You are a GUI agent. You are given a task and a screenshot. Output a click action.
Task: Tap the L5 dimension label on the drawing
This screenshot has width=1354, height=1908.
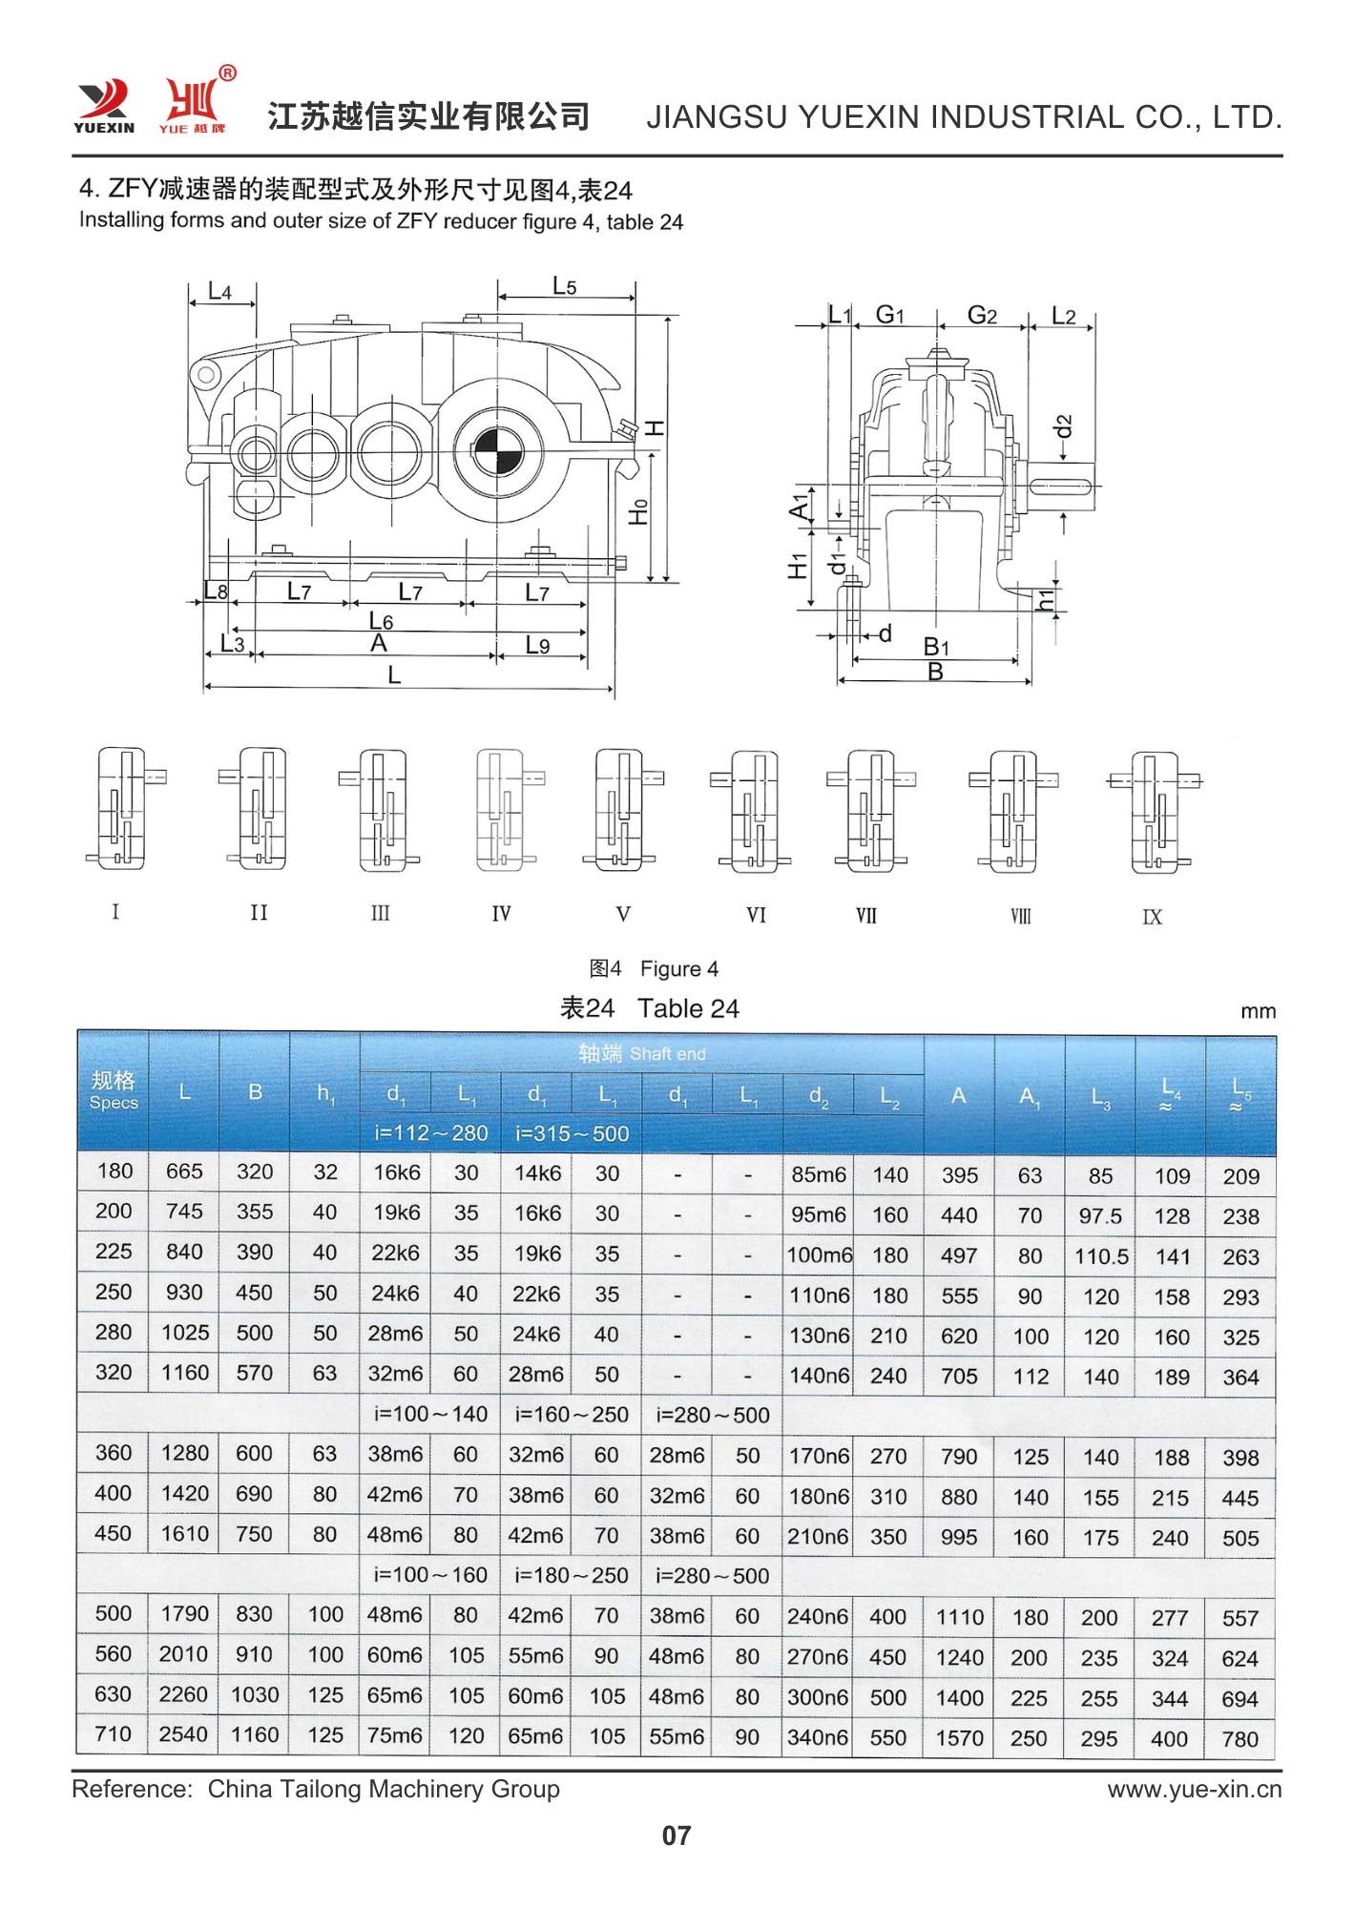click(x=564, y=286)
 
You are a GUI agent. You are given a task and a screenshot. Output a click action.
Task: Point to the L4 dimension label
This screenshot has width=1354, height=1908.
click(x=219, y=292)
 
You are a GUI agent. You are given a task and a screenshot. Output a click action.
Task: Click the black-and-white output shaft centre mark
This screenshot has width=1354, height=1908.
click(x=497, y=451)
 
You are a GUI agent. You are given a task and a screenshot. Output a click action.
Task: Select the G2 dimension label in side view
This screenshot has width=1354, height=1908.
click(x=982, y=316)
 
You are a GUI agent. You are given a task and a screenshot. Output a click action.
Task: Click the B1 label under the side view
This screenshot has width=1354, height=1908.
click(x=936, y=647)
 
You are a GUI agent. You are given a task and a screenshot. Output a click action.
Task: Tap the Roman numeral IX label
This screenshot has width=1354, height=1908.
click(x=1152, y=917)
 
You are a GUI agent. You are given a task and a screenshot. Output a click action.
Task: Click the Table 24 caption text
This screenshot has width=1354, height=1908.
click(x=649, y=1008)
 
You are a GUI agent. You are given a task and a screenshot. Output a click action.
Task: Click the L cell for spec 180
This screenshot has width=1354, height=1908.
click(x=184, y=1172)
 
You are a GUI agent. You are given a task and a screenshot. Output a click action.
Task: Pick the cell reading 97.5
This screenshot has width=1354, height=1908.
click(x=1100, y=1216)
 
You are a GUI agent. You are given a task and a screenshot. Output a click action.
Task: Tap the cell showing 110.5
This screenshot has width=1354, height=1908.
click(x=1100, y=1256)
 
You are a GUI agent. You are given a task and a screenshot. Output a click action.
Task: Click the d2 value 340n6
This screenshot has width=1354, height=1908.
click(x=817, y=1738)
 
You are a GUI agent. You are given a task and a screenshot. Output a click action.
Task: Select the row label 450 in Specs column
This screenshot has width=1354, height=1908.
click(x=114, y=1533)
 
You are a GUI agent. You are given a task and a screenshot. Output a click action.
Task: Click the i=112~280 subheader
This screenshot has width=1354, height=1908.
click(x=430, y=1133)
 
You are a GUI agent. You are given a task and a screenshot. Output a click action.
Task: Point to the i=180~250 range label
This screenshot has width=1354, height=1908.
click(x=572, y=1575)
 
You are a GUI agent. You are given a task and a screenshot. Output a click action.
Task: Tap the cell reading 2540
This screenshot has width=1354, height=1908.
click(x=183, y=1734)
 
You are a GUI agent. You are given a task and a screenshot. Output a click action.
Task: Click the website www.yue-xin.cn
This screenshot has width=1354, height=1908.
click(x=1194, y=1789)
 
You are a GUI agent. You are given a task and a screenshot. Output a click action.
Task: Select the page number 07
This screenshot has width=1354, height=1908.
click(x=676, y=1835)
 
